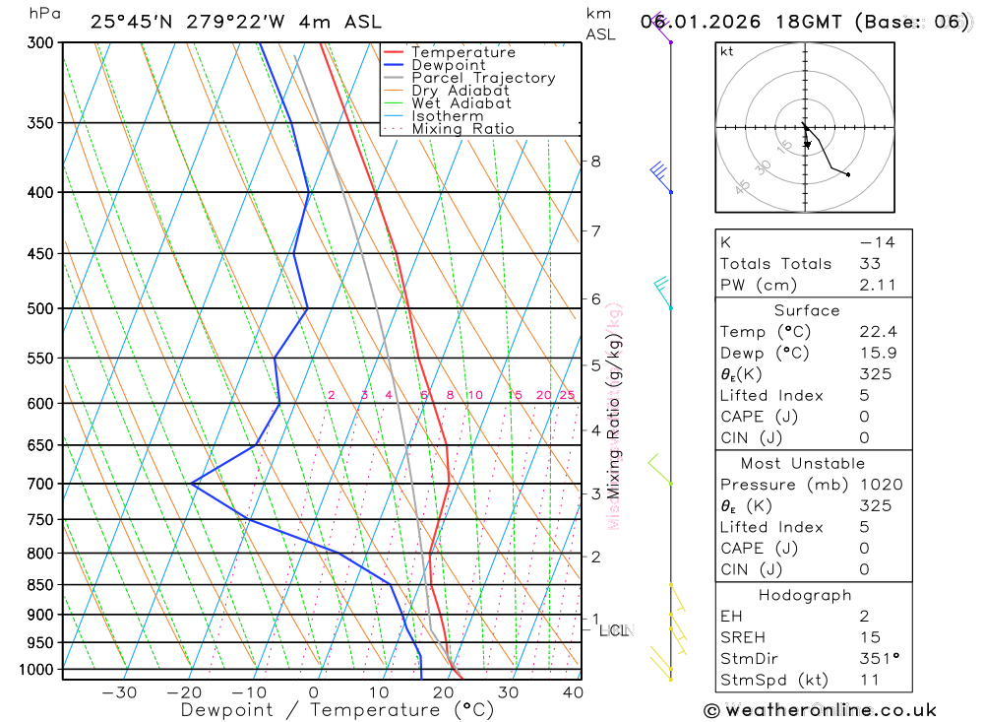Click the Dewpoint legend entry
pos(449,65)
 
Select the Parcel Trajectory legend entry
pos(483,78)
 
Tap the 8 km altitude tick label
pos(595,162)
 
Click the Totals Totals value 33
pos(870,263)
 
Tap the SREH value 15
pos(870,637)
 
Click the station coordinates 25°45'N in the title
pos(137,22)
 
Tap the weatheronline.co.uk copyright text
pos(821,710)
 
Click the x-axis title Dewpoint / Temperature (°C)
pos(338,709)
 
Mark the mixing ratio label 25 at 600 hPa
pos(567,395)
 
